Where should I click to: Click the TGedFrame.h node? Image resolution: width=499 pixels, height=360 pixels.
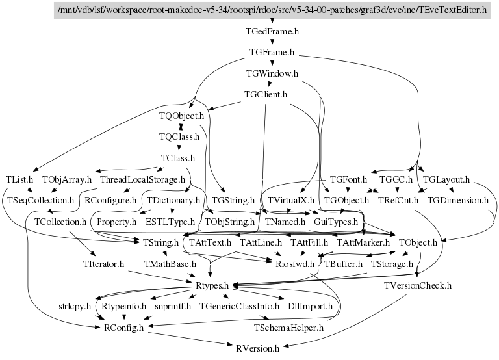tap(272, 31)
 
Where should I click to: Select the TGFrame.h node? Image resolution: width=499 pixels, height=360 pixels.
tap(272, 52)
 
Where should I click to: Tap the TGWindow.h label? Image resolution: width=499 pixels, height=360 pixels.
tap(272, 73)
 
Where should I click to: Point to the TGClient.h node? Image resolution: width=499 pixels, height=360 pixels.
tap(266, 95)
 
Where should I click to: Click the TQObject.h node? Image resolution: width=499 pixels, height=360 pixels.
tap(182, 116)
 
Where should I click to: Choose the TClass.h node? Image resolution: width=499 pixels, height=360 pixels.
tap(178, 157)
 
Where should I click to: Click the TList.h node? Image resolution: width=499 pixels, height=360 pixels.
tap(19, 179)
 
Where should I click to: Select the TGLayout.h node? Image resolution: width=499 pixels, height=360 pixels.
tap(446, 179)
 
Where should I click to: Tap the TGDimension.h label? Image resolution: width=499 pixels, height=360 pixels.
tap(458, 200)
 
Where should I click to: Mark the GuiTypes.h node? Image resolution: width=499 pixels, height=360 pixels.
tap(336, 222)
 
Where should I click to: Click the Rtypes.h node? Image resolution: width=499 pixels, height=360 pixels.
tap(212, 285)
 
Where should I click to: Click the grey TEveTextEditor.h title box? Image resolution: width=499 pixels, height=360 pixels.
tap(272, 10)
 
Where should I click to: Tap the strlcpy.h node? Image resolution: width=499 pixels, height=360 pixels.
tap(75, 306)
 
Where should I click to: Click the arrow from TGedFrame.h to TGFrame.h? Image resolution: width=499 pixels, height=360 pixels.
tap(272, 41)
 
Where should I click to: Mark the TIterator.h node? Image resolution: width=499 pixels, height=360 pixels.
tap(104, 264)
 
